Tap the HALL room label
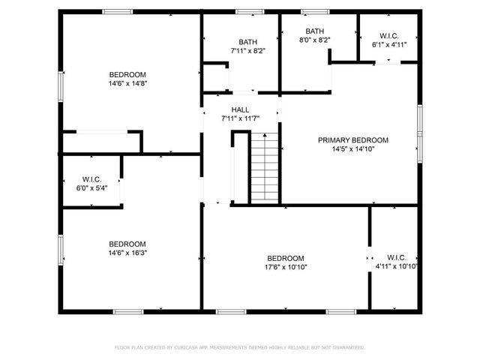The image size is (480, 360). (x=240, y=109)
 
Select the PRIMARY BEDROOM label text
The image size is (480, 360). (x=352, y=140)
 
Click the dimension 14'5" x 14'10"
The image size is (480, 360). (x=352, y=149)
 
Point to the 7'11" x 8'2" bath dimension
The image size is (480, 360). (x=247, y=51)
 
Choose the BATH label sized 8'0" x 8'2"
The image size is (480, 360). (x=314, y=31)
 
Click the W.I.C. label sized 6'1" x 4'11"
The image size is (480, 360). (x=389, y=35)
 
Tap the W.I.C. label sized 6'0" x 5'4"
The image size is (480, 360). (x=91, y=179)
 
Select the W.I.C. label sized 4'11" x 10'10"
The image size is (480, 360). (x=396, y=256)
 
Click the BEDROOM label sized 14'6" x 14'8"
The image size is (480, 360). (x=127, y=74)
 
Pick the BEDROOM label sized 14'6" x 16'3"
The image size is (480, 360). (x=127, y=244)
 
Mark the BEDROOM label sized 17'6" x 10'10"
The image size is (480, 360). (x=285, y=257)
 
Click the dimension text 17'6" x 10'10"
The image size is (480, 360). (x=285, y=267)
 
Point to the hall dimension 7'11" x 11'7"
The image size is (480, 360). (x=240, y=118)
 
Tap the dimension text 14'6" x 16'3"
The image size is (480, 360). (x=127, y=253)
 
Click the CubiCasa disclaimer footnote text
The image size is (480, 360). (x=239, y=347)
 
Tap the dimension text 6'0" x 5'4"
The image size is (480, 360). (x=91, y=188)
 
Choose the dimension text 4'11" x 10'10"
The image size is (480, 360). (x=396, y=265)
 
